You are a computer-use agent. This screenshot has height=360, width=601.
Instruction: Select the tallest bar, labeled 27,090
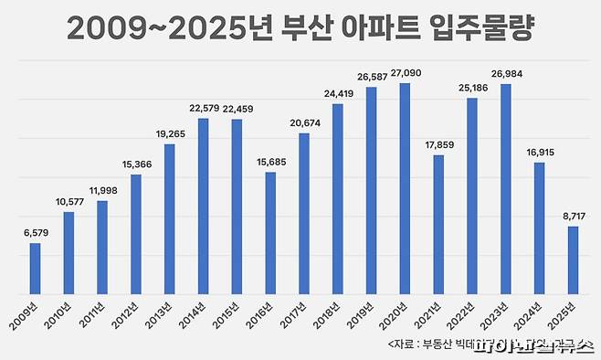tap(404, 192)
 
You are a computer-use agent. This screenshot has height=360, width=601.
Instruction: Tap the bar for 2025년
tap(572, 263)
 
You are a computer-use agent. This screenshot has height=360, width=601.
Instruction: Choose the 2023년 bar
tap(505, 192)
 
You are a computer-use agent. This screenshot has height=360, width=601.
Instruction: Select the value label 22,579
tap(203, 109)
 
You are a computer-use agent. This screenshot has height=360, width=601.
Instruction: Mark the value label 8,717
tap(572, 217)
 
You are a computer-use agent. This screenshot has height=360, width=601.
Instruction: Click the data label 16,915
tap(538, 153)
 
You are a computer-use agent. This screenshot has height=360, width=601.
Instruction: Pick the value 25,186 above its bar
tap(471, 88)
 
